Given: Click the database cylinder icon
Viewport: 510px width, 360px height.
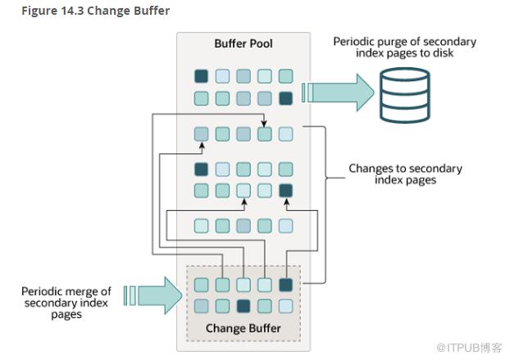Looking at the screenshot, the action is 404,95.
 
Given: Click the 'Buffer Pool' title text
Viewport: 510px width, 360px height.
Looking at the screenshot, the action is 244,43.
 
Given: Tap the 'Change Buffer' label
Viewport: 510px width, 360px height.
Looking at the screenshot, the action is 244,328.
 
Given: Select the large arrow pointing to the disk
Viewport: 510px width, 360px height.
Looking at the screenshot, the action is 338,93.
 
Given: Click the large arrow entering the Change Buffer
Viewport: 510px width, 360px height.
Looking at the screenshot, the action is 153,295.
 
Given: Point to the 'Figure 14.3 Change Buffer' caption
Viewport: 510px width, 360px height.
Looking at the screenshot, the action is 96,11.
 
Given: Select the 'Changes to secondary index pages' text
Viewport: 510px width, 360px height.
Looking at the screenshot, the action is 405,174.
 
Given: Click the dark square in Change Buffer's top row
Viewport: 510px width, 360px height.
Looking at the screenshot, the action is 286,285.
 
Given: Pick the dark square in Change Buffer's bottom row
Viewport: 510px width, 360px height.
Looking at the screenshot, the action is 244,306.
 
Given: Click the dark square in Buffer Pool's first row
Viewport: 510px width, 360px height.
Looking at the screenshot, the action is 202,76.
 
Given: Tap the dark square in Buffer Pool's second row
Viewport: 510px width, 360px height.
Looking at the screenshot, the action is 286,98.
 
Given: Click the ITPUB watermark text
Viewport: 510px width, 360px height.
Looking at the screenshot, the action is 469,348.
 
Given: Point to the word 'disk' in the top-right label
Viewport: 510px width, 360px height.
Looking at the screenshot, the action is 444,53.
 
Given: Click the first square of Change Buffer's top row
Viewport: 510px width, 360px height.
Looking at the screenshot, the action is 202,285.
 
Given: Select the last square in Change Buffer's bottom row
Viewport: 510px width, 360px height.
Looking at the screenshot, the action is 286,306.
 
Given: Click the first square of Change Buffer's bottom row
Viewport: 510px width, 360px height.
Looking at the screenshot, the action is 202,306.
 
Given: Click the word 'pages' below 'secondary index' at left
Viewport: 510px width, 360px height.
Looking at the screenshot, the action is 66,315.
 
